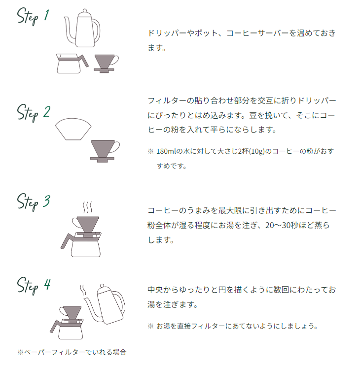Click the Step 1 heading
[x=33, y=17]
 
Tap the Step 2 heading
[x=34, y=113]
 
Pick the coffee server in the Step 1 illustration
[x=72, y=63]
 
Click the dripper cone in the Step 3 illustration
[x=86, y=225]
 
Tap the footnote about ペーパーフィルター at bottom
[x=72, y=352]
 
